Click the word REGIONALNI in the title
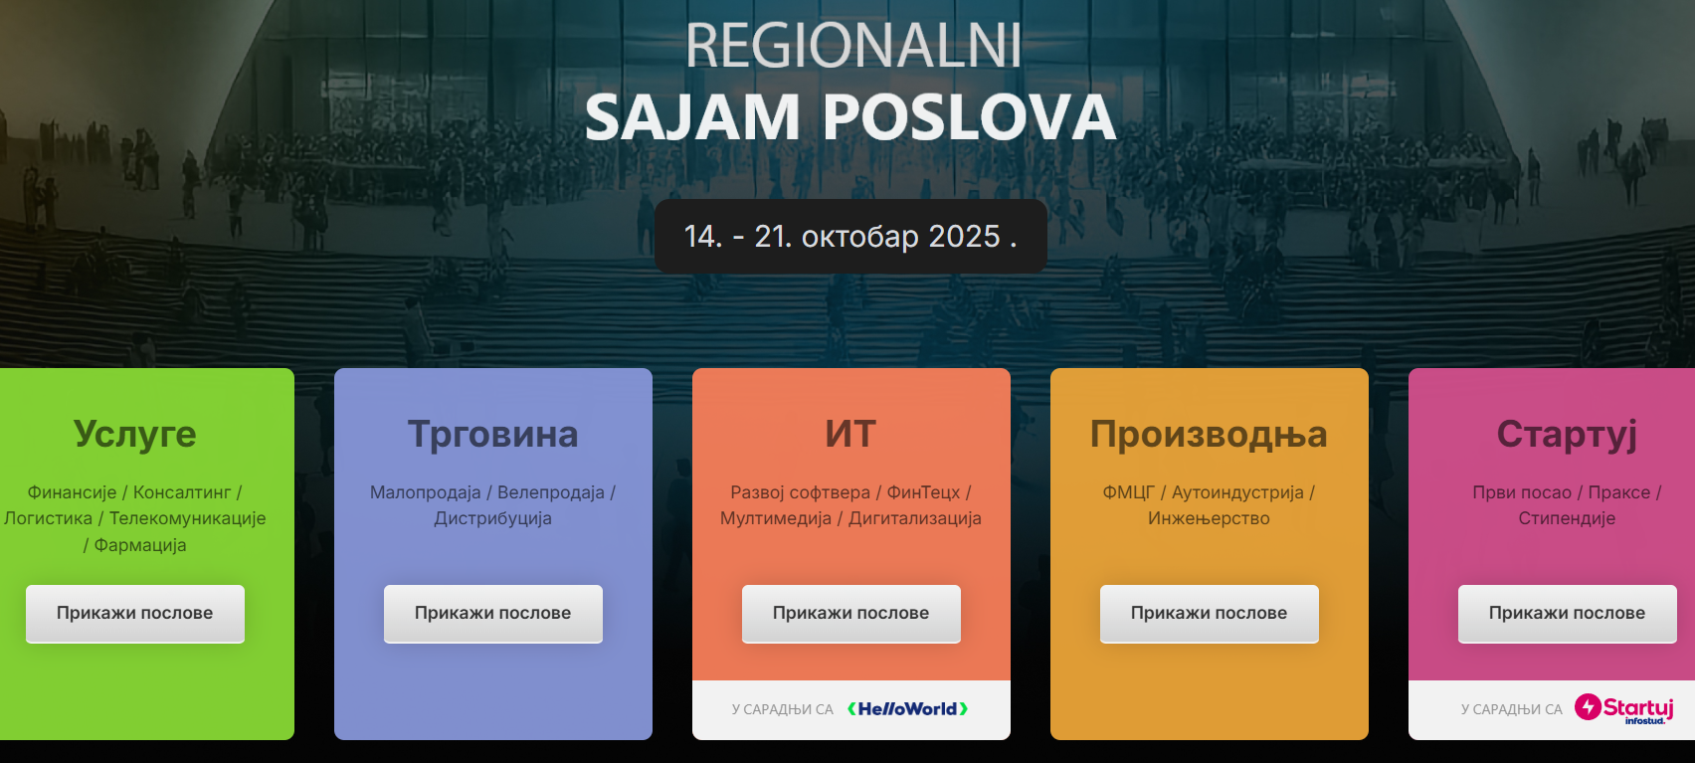coord(853,46)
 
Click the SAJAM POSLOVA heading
coord(850,118)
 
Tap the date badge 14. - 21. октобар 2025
coord(850,236)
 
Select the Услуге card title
coord(134,435)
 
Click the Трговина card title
coord(492,435)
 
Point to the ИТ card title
coord(850,435)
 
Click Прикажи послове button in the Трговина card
coord(492,614)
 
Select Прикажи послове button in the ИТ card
coord(850,614)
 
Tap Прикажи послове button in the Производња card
coord(1209,614)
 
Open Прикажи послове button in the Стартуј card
coord(1567,614)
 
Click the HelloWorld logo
coord(907,709)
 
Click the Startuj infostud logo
coord(1623,709)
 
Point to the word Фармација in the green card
coord(140,546)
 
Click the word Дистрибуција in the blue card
coord(492,519)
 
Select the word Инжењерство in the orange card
coord(1209,519)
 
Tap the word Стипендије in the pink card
coord(1567,519)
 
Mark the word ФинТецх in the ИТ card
coord(923,492)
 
